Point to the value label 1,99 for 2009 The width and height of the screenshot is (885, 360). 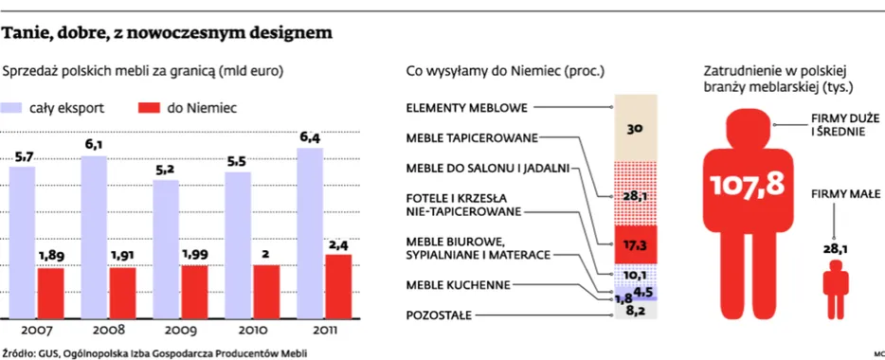[x=194, y=254]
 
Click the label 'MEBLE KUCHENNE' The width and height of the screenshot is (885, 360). [x=459, y=284]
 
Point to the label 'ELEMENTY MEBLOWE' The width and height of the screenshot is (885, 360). [x=466, y=107]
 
